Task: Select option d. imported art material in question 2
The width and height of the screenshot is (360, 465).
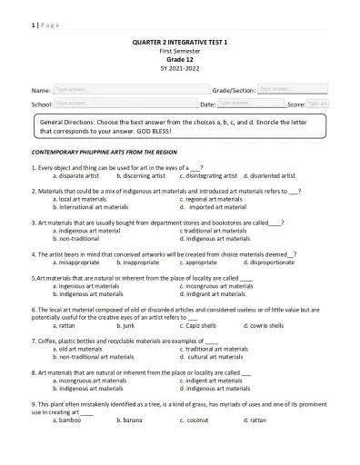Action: [214, 206]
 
